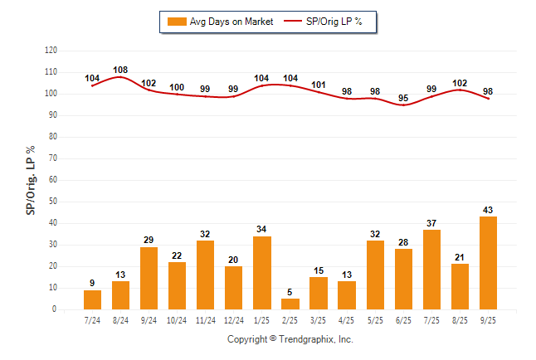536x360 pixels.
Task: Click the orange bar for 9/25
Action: click(487, 263)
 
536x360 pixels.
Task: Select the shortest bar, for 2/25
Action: click(290, 304)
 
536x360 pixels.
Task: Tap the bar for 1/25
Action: click(262, 273)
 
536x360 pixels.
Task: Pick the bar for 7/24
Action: click(93, 299)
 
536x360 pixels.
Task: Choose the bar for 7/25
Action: click(431, 270)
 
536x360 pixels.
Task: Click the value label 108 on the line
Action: click(120, 70)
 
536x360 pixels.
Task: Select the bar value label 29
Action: click(149, 241)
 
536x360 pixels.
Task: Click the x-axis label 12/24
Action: click(233, 319)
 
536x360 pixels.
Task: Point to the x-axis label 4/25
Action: click(347, 319)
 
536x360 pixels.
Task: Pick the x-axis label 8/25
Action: click(459, 319)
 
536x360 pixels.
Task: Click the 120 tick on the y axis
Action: click(51, 51)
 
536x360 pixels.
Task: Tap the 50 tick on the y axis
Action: click(53, 202)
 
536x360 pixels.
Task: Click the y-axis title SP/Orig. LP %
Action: click(31, 179)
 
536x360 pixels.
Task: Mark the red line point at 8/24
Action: click(120, 77)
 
